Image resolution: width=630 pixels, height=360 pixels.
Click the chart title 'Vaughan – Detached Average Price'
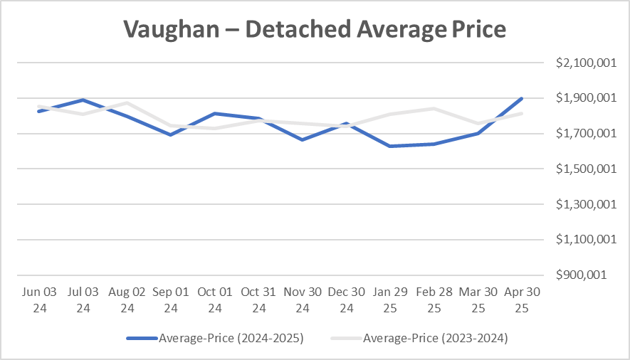coord(314,29)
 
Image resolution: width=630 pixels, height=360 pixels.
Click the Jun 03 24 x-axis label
coord(38,300)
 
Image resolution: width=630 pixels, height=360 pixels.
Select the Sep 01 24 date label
coord(171,300)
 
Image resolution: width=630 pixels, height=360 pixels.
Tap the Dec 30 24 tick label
coord(347,300)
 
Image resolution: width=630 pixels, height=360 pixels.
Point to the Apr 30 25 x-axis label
coord(522,300)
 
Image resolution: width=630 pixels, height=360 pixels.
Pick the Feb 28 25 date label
coord(434,300)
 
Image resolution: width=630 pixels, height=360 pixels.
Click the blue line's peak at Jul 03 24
coord(83,100)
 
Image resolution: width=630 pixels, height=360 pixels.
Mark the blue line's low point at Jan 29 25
coord(390,146)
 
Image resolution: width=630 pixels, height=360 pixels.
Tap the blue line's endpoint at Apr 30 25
coord(522,98)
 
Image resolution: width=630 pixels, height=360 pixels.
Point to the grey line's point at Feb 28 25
coord(434,108)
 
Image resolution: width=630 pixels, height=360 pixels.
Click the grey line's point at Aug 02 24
coord(127,102)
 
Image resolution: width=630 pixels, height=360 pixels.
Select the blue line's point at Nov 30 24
coord(303,139)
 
